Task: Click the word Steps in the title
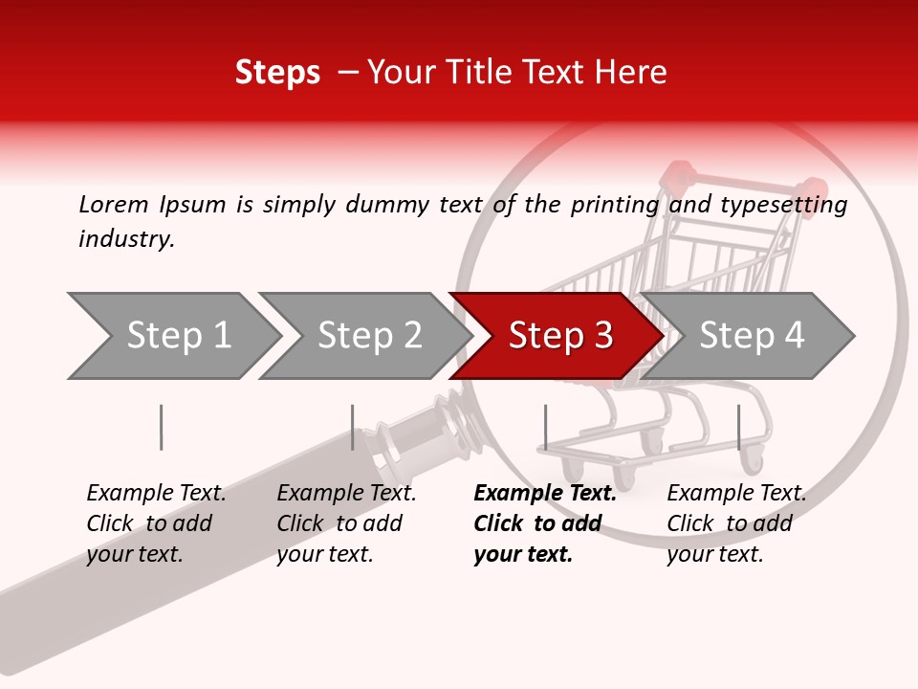(277, 73)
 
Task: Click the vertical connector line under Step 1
(162, 427)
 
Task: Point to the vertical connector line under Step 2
(353, 427)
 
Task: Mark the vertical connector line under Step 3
(545, 427)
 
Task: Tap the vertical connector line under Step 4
(738, 427)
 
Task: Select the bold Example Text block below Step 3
(545, 523)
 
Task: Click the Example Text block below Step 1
(156, 523)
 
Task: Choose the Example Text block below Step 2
(346, 523)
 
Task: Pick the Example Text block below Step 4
(736, 523)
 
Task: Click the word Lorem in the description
(114, 205)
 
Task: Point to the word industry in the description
(126, 239)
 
